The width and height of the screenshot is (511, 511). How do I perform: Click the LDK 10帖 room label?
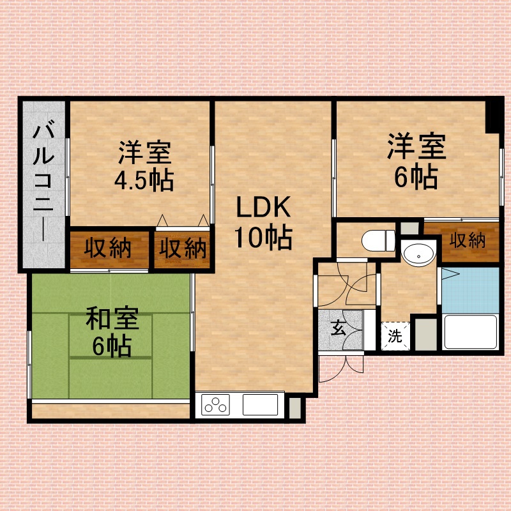click(x=263, y=223)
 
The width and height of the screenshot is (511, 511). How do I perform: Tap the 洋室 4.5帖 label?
click(x=144, y=166)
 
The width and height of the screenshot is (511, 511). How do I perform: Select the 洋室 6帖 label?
click(x=416, y=161)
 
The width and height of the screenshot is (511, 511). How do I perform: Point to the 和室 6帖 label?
click(x=112, y=332)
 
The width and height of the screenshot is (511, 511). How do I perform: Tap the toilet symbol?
click(x=378, y=241)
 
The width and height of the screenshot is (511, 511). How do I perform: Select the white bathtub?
click(x=471, y=332)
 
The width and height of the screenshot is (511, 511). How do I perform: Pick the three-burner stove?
click(x=215, y=405)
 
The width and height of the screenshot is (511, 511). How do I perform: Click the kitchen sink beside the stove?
click(x=260, y=405)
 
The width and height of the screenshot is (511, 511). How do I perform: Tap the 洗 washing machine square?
click(x=395, y=337)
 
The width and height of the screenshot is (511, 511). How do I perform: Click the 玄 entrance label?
click(x=339, y=328)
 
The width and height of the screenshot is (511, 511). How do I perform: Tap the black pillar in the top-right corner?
click(x=494, y=116)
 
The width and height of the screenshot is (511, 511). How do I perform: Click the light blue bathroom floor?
click(x=470, y=291)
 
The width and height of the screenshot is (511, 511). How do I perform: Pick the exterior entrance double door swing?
click(x=341, y=369)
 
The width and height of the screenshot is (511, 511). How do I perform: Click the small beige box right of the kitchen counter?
click(x=295, y=408)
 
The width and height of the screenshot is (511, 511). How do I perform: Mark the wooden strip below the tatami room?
click(x=111, y=411)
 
